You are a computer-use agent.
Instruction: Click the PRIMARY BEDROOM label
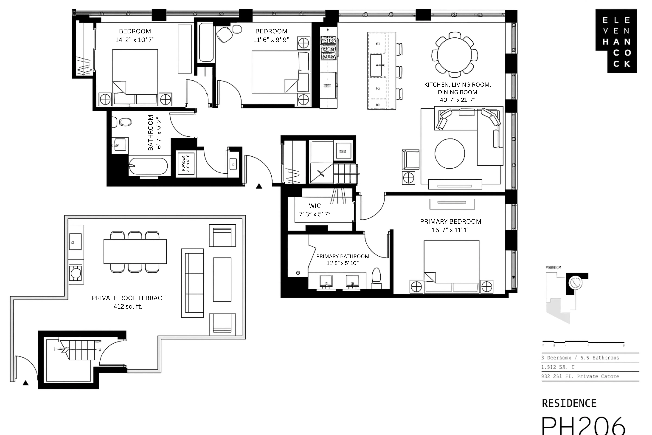point(450,221)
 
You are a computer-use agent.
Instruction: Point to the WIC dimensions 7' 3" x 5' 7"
point(315,214)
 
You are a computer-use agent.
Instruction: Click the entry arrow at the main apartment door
point(259,186)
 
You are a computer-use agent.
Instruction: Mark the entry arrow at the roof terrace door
point(26,383)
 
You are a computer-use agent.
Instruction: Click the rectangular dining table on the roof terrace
point(135,251)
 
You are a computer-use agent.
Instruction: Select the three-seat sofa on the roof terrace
point(192,283)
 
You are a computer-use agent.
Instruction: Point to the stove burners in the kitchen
point(328,49)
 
